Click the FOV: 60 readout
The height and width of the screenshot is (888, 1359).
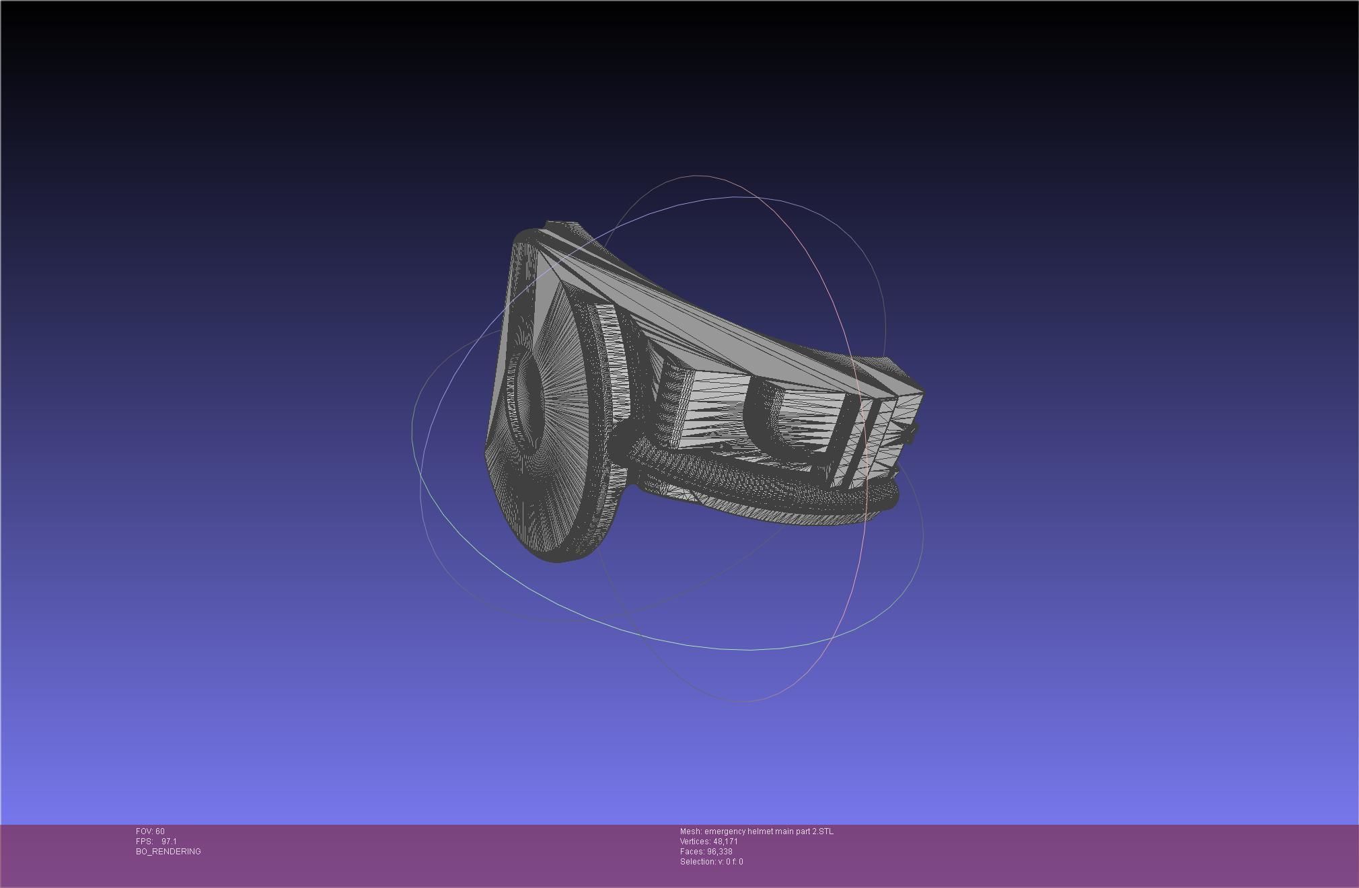[x=150, y=831]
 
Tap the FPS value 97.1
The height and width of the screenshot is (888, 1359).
[x=169, y=842]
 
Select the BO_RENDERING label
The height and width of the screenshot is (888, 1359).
[x=168, y=852]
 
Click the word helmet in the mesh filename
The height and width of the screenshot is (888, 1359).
[x=760, y=831]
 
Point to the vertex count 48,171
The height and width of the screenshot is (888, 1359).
[x=725, y=842]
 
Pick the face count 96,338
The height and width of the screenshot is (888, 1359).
[x=719, y=852]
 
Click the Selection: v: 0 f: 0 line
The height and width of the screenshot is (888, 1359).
[x=711, y=862]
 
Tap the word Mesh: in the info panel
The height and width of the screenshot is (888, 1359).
[x=691, y=831]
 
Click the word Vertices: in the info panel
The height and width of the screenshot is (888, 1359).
[x=695, y=842]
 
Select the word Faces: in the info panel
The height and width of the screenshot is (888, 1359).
[x=692, y=852]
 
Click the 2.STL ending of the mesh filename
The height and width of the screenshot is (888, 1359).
[x=823, y=831]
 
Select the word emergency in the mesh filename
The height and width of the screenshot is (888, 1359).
[x=725, y=831]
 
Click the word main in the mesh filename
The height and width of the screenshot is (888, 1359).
[x=784, y=831]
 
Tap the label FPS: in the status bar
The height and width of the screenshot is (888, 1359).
[x=144, y=842]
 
